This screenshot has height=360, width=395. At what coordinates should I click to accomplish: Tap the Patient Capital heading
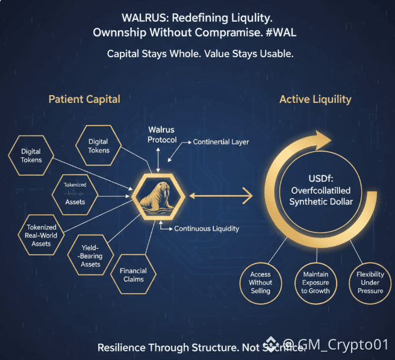(84, 99)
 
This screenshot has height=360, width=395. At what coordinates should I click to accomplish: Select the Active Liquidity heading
(316, 99)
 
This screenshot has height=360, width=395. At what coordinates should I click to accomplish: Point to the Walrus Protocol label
(161, 135)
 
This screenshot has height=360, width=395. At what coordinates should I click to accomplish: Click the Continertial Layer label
(221, 142)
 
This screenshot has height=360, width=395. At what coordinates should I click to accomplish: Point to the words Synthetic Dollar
(317, 202)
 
